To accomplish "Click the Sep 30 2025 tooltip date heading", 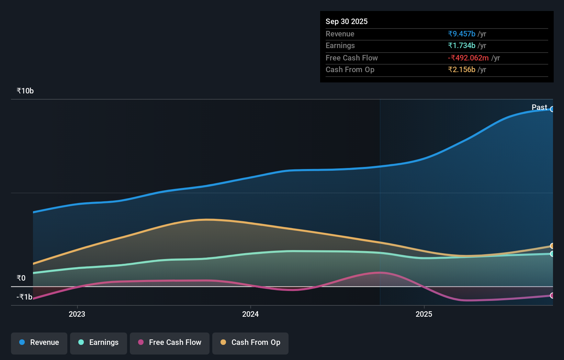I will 346,21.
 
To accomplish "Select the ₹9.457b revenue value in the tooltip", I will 461,34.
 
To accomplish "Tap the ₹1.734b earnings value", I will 461,45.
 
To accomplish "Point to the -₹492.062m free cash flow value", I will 468,58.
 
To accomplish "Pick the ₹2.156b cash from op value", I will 461,69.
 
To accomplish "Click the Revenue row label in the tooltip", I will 340,34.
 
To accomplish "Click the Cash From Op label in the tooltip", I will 350,69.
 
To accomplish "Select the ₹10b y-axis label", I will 25,91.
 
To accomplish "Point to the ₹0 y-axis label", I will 21,278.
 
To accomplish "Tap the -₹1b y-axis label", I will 24,297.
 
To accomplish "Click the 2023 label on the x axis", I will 77,314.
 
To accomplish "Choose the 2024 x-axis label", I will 250,314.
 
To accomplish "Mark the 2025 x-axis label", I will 424,314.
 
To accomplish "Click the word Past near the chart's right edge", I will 539,107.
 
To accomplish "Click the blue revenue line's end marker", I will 552,109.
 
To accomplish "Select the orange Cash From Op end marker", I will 552,246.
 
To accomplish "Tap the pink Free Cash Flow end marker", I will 552,295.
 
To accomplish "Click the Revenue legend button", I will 39,342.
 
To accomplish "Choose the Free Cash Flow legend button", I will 170,342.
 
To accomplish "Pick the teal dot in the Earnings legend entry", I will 81,342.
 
